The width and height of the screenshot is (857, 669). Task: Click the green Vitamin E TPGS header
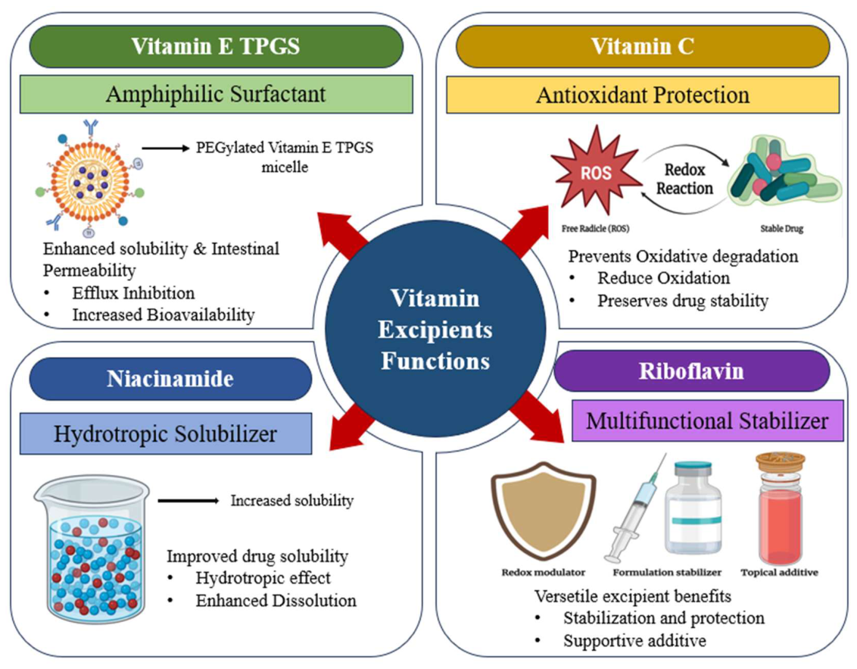[x=216, y=46]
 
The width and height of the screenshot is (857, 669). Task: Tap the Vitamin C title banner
[x=643, y=46]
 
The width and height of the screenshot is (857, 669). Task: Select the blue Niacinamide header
[x=170, y=379]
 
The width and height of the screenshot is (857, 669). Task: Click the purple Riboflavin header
[x=691, y=371]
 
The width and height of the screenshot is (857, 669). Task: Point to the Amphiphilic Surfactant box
[x=216, y=94]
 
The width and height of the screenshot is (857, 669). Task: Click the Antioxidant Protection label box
[x=643, y=95]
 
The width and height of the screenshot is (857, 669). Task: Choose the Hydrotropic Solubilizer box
[x=166, y=434]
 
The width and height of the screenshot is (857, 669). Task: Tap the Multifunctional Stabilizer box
[x=707, y=420]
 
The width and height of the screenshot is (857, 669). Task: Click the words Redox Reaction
[x=684, y=179]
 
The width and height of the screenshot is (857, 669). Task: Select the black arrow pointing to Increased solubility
[x=189, y=501]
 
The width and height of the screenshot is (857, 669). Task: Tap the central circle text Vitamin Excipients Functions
[x=435, y=330]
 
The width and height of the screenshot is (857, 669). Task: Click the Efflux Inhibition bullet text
[x=133, y=292]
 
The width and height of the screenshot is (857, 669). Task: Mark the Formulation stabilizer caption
[x=667, y=572]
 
